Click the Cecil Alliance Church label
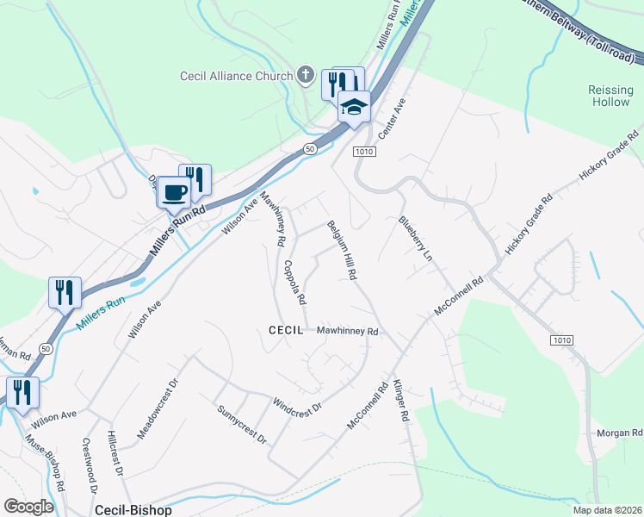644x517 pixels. tap(237, 76)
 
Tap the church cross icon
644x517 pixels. tap(304, 75)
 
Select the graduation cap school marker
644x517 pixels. tap(353, 107)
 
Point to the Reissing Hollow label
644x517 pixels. tap(610, 96)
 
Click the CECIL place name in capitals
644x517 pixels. tap(286, 330)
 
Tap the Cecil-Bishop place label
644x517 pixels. tap(133, 509)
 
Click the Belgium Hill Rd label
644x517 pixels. tap(341, 250)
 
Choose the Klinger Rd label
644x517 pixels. tap(400, 401)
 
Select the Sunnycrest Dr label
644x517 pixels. tap(242, 424)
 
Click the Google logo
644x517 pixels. tap(28, 507)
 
